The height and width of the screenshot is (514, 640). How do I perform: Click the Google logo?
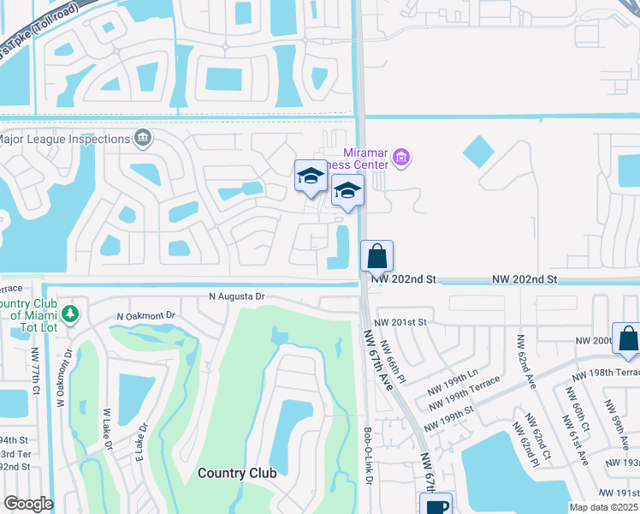click(x=27, y=504)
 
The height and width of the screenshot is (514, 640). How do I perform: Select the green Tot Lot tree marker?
click(x=72, y=314)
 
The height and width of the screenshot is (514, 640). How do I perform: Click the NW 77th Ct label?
click(x=36, y=374)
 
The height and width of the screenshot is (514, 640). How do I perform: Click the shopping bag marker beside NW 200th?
click(x=628, y=339)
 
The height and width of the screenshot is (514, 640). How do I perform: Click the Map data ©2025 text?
click(x=603, y=507)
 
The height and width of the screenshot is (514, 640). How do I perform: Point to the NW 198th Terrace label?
click(x=606, y=374)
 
